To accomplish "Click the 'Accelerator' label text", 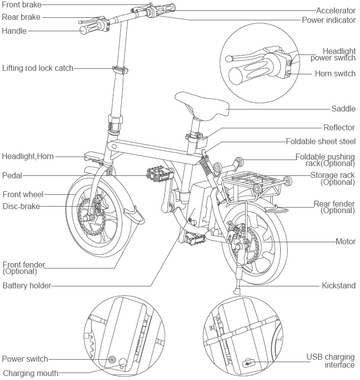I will coord(336,10).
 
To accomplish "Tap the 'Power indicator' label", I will coord(329,20).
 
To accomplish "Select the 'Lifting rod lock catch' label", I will coord(38,68).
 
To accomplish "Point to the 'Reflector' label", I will coord(339,128).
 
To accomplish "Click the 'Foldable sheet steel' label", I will coord(321,141).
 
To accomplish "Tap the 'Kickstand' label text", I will coord(339,286).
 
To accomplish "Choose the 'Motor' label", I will coord(346,242).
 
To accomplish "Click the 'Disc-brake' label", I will coord(21,206).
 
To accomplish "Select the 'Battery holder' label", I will coord(27,285).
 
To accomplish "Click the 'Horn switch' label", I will coord(335,74).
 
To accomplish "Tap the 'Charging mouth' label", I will coord(31,373).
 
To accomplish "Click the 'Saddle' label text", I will coord(344,109).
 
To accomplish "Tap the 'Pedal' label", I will coord(12,175).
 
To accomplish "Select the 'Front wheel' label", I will coord(23,194).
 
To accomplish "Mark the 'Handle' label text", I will coord(14,31).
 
